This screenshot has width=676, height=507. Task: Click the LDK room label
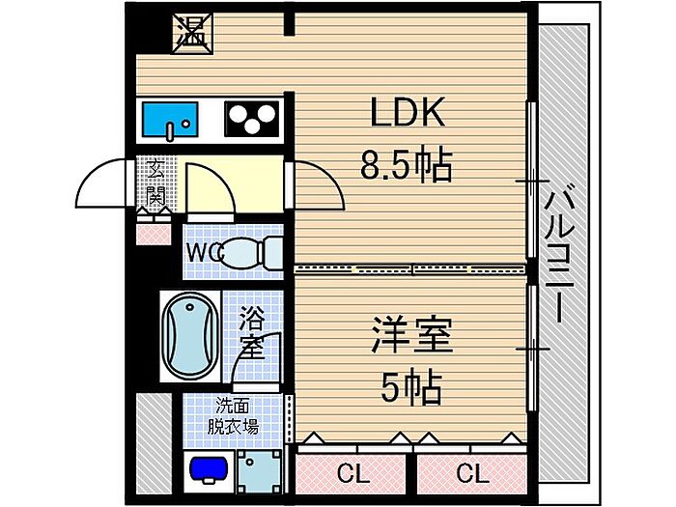point(408,113)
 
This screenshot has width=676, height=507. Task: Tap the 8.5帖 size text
point(407,165)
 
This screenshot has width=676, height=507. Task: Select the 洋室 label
point(411,335)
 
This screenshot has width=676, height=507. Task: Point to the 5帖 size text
point(411,386)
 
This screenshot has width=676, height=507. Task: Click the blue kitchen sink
point(170,119)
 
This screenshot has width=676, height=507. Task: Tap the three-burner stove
point(252,119)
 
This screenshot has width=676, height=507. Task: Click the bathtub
point(190,336)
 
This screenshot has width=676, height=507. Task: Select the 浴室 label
point(252,332)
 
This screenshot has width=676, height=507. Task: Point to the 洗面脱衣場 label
point(233,416)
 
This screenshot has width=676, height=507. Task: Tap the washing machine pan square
point(259,471)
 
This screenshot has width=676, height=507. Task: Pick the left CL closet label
point(353,473)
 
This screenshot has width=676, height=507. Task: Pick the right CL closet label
point(472,473)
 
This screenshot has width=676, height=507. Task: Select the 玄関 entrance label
point(155,183)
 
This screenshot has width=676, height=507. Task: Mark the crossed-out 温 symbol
point(193,34)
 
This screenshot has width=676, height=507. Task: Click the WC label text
point(205,253)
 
